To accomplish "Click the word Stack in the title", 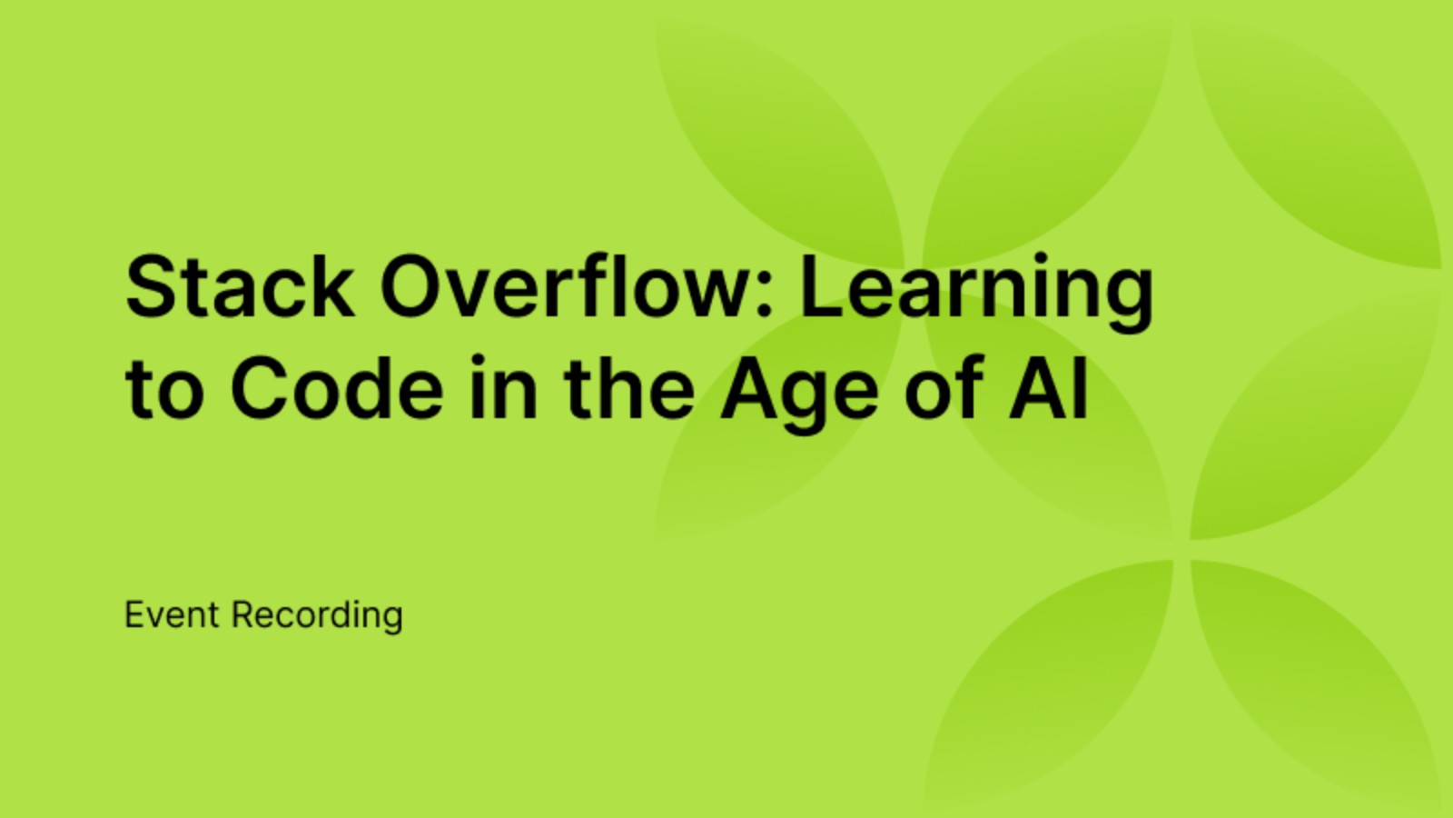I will click(x=240, y=287).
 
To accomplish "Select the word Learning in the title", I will click(x=976, y=289).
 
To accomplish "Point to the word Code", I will click(x=337, y=389).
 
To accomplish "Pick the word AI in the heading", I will click(x=1049, y=389).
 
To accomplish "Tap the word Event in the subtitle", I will click(x=172, y=615).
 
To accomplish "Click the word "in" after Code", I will click(x=505, y=389).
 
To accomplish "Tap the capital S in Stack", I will click(x=151, y=287).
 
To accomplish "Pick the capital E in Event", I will click(x=133, y=615).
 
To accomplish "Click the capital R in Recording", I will click(x=242, y=615).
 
